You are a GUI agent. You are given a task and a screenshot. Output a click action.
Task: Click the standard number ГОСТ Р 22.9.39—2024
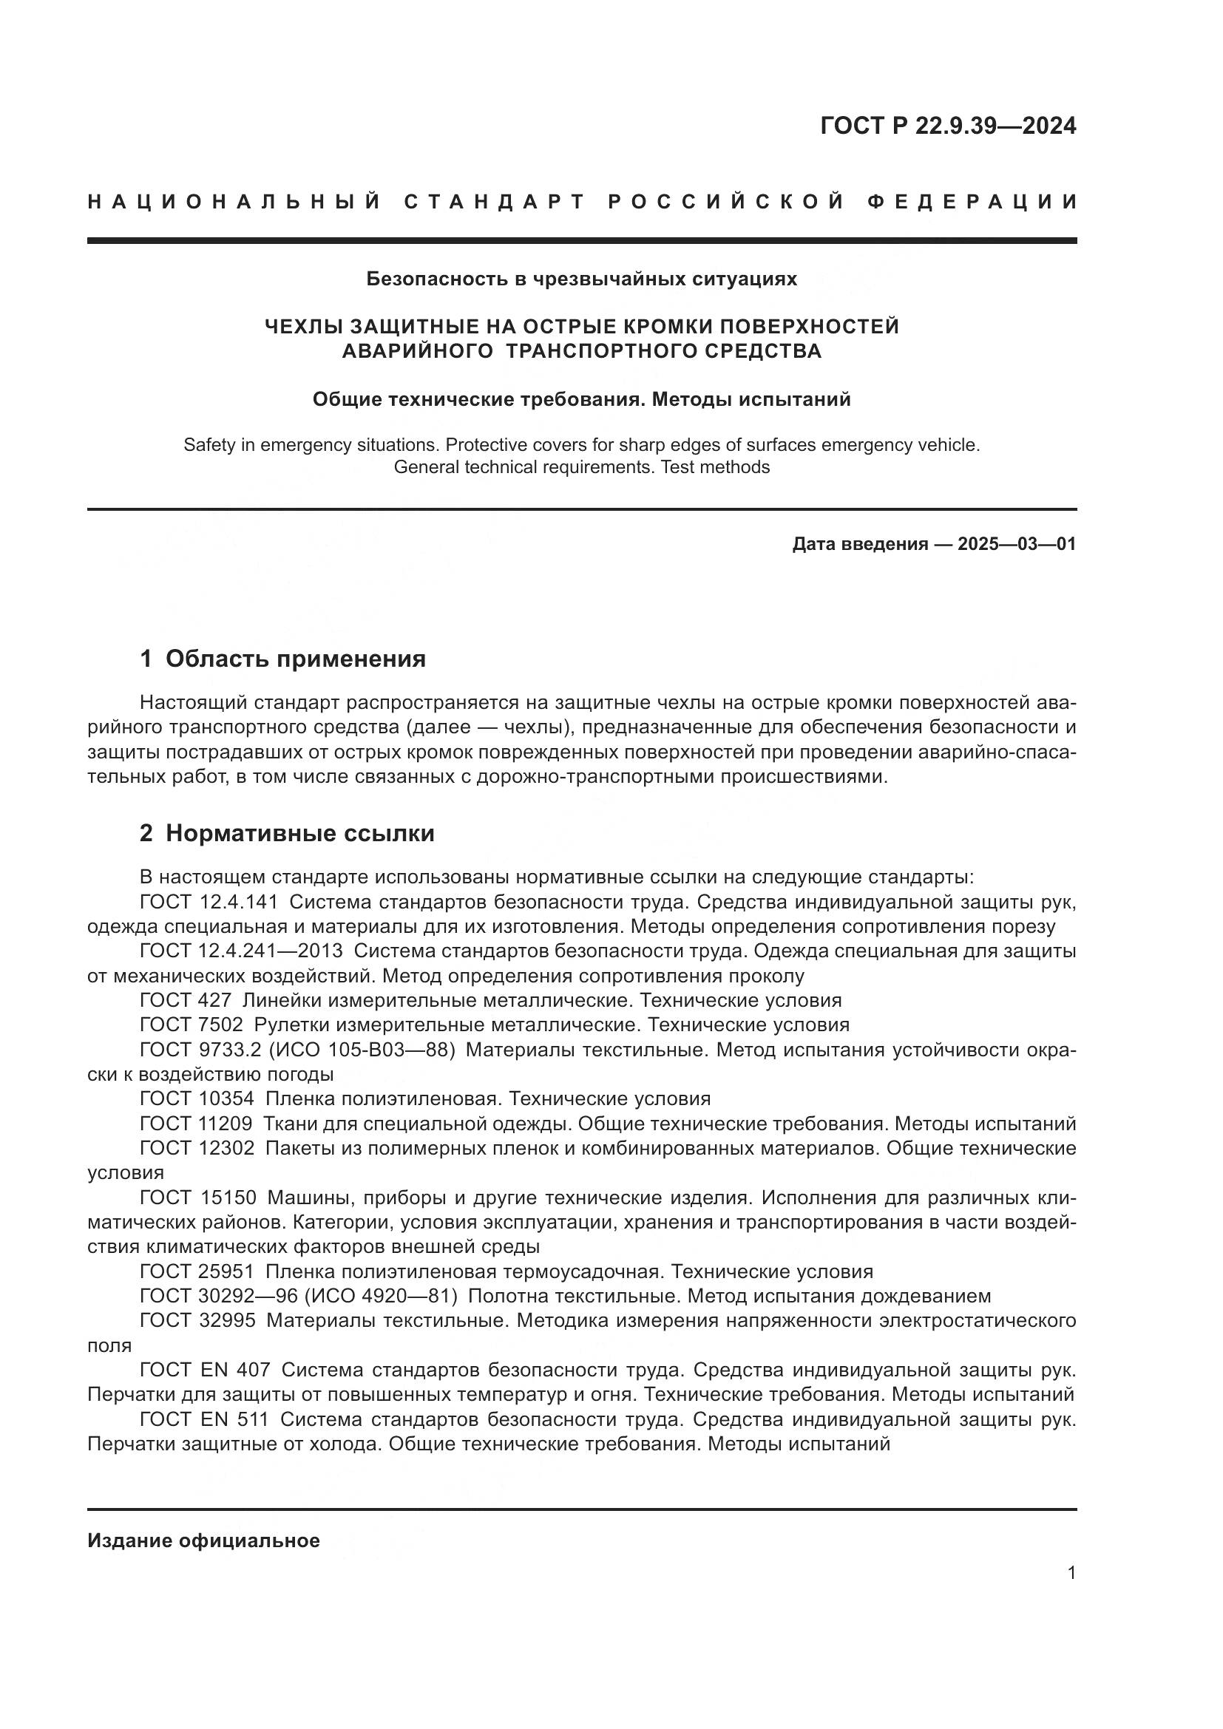947,126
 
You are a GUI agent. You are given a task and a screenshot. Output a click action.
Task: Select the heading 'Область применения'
295,659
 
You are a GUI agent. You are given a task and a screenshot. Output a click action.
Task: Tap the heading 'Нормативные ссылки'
299,833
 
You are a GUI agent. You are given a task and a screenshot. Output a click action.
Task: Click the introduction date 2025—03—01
1017,544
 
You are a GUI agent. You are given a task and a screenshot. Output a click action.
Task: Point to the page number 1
1071,1572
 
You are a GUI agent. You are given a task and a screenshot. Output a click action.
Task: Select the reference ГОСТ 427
186,1000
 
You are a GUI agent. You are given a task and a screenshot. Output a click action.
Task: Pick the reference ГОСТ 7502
192,1024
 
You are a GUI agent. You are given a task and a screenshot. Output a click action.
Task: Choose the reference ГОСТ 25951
197,1272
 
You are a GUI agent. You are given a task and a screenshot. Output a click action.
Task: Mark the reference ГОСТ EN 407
205,1370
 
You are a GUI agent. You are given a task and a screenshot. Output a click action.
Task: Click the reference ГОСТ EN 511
204,1419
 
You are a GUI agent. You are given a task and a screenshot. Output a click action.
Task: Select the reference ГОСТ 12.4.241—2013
241,951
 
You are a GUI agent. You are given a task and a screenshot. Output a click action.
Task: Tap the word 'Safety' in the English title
208,445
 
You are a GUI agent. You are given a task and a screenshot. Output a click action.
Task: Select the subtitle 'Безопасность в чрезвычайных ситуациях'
581,279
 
